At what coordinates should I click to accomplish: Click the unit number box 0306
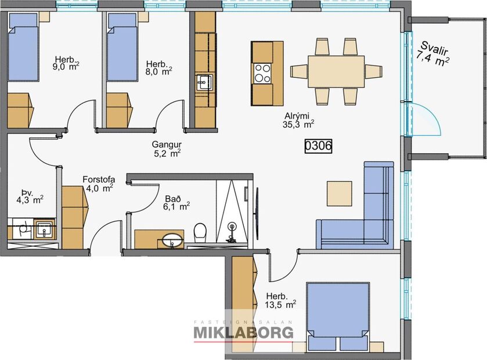(x=318, y=147)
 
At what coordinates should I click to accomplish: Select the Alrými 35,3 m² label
(x=298, y=119)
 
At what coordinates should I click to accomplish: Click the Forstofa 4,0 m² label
(x=97, y=183)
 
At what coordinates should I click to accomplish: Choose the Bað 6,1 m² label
(x=176, y=201)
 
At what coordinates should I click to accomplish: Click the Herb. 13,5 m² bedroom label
(x=280, y=298)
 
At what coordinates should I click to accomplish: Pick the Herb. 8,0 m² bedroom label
(x=158, y=67)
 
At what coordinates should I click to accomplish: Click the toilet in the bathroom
(x=200, y=232)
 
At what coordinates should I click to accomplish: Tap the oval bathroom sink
(x=172, y=239)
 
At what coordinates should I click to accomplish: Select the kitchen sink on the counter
(x=203, y=83)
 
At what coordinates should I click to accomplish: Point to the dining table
(x=336, y=71)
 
